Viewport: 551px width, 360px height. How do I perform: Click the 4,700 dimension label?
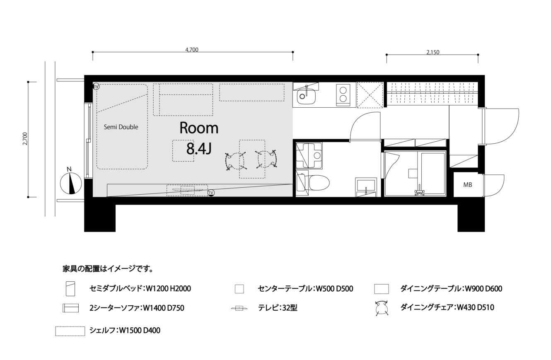click(x=192, y=50)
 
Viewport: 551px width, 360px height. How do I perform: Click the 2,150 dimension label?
click(x=433, y=52)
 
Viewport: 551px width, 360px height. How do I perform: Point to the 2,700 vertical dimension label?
click(x=25, y=139)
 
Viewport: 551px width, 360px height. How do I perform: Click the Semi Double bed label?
click(x=121, y=127)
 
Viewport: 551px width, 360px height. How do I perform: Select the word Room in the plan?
click(x=199, y=128)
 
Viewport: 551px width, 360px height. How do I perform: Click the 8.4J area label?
click(x=199, y=149)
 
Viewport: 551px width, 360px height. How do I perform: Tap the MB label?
click(x=468, y=185)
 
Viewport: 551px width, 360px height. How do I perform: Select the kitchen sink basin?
click(x=306, y=97)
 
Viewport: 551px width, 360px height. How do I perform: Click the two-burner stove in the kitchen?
click(x=343, y=95)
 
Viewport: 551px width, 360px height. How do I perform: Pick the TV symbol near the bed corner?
click(x=96, y=87)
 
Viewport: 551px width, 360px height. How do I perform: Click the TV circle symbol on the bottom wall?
click(x=211, y=193)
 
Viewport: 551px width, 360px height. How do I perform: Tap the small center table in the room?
click(x=183, y=151)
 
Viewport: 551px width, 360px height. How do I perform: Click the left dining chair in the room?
click(x=235, y=161)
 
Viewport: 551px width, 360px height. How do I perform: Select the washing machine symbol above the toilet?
click(x=309, y=155)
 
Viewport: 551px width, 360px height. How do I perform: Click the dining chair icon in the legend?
click(x=382, y=308)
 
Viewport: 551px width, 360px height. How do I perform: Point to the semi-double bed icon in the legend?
click(x=70, y=289)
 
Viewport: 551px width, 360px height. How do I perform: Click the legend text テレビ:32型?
click(x=278, y=308)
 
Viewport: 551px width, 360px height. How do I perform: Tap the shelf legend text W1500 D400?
click(x=140, y=330)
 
